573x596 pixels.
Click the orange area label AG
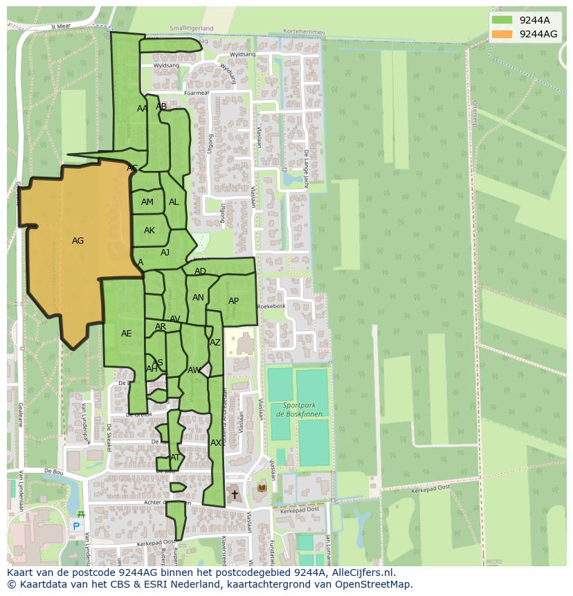(78, 241)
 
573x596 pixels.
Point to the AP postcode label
(233, 301)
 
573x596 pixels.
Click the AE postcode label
(126, 334)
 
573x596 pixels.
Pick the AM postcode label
(147, 202)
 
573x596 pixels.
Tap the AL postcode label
(174, 202)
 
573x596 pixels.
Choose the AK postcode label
(149, 231)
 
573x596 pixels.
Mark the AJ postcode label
(165, 253)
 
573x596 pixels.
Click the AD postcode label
(200, 271)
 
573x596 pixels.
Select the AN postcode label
(198, 298)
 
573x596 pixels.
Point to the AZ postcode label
(215, 343)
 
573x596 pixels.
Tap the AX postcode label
(216, 443)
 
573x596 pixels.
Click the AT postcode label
(175, 458)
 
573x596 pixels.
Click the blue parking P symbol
(76, 526)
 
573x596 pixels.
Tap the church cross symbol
(235, 494)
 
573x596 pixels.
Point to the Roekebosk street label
(271, 306)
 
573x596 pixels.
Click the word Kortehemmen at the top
(302, 32)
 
